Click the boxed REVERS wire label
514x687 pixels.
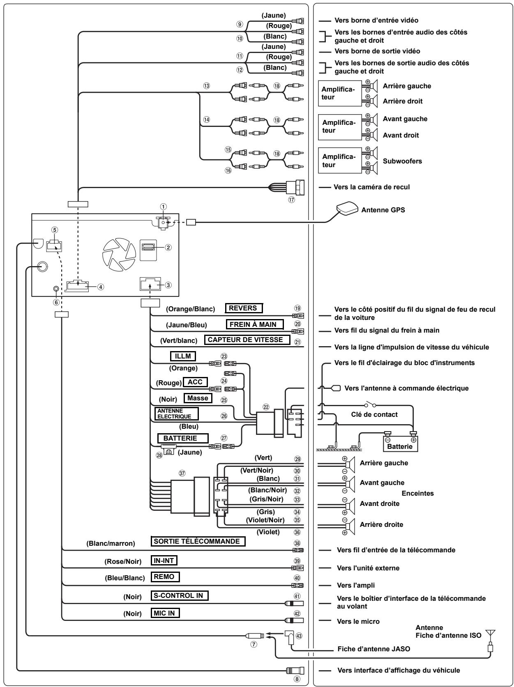pos(244,308)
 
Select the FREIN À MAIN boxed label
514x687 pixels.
pos(255,324)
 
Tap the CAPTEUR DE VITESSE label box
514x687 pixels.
pos(247,340)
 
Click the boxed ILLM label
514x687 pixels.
pos(183,356)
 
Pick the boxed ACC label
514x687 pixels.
pos(195,382)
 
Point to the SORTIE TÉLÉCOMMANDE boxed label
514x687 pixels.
pos(198,542)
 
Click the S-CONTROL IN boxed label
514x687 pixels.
pos(180,595)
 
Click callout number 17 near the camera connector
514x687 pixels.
pos(291,200)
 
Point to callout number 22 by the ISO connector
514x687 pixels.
pos(266,407)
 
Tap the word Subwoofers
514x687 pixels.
pos(402,161)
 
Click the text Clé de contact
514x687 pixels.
pos(374,414)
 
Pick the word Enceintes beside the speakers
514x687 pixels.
pos(417,493)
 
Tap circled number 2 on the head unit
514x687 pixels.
pos(168,248)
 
